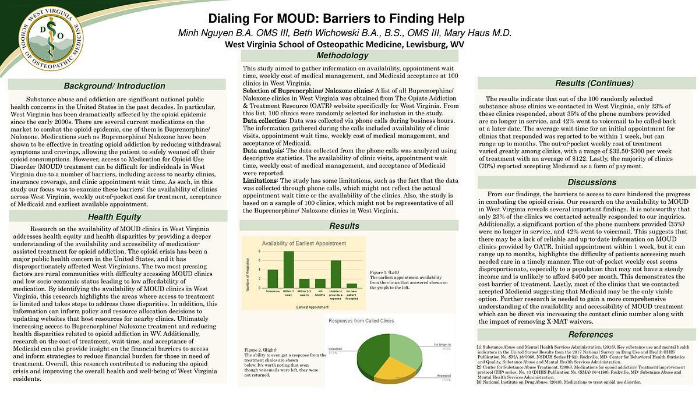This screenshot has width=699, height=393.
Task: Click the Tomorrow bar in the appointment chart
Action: point(273,278)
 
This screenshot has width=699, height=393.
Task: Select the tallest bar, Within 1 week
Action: point(288,270)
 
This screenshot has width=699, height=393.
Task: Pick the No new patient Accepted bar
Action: point(352,285)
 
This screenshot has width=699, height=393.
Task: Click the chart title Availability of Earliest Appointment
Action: point(303,243)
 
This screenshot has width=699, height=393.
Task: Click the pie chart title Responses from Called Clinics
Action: point(361,321)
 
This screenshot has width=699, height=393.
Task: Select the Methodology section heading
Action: point(350,56)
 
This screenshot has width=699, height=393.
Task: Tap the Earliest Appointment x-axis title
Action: point(312,306)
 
